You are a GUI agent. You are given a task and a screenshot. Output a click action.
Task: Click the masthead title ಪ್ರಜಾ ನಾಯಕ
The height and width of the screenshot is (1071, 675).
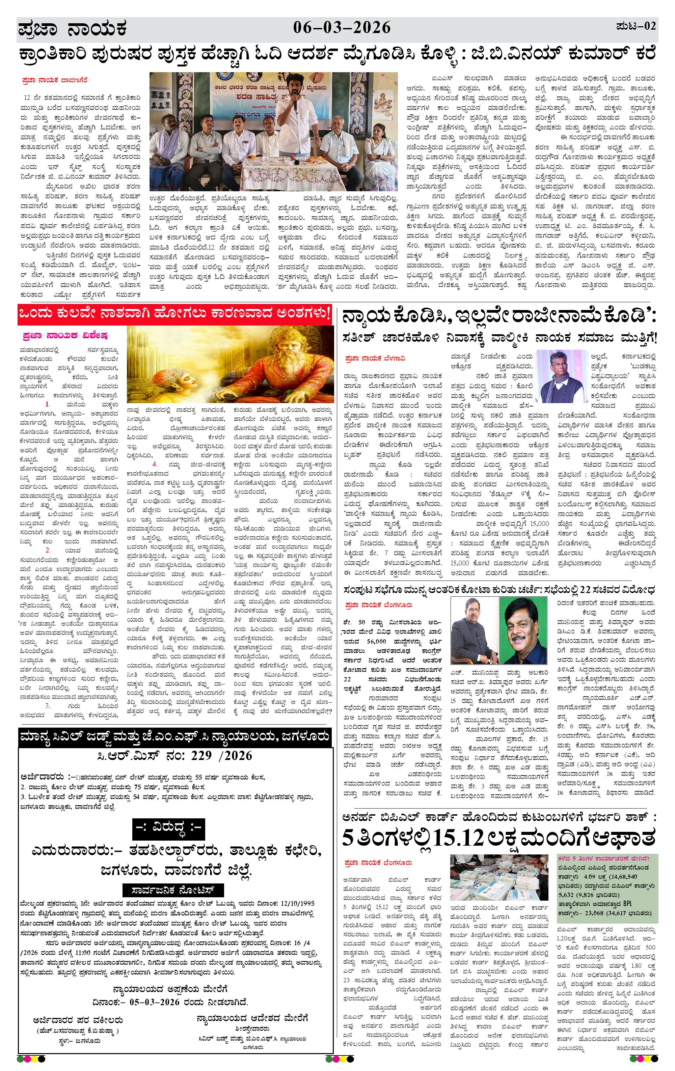[x=73, y=29]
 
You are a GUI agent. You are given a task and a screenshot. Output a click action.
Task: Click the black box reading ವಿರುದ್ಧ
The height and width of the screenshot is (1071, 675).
[x=169, y=827]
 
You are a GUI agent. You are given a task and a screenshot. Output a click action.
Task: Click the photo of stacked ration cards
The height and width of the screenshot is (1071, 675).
[x=500, y=877]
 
